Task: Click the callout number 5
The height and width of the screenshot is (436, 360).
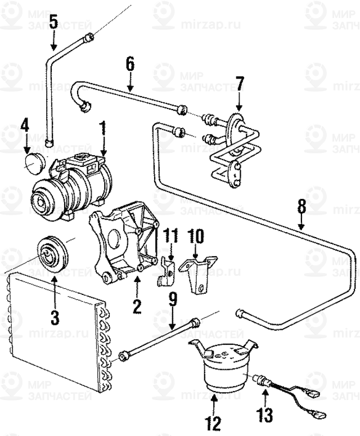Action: (x=53, y=22)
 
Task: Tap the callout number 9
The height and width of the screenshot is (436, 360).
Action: (x=173, y=301)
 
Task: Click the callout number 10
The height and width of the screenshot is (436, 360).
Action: (x=195, y=235)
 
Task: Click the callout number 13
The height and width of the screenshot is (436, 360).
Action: (x=265, y=416)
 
